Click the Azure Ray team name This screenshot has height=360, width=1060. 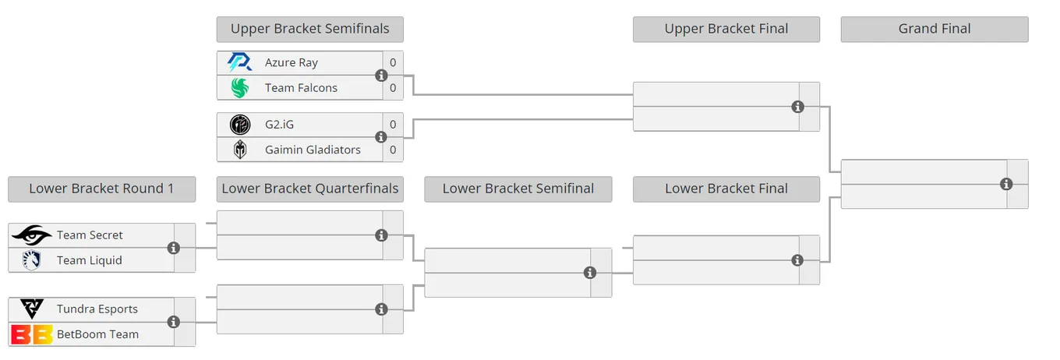pos(291,63)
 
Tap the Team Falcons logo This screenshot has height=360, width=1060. pos(240,88)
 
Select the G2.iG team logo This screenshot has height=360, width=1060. pos(240,125)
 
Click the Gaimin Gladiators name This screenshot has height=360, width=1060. pos(313,150)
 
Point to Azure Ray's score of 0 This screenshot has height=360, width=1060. pos(393,62)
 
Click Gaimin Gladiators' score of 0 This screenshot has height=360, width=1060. pos(393,150)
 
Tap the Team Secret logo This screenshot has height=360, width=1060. pos(32,235)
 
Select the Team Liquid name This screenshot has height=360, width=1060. pos(90,261)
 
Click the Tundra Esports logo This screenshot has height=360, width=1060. pos(32,309)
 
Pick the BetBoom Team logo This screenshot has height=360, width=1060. pos(32,334)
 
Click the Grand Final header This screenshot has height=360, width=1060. pos(935,30)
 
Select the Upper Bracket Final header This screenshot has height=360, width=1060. pos(726,30)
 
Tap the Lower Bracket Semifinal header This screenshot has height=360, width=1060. pos(518,189)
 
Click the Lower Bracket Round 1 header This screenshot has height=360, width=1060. pos(102,189)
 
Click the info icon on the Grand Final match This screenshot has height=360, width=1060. pos(1006,184)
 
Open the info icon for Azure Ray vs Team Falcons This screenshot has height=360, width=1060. pos(381,76)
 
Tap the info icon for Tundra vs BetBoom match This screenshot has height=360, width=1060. pos(174,322)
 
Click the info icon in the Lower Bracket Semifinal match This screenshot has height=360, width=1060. pos(589,273)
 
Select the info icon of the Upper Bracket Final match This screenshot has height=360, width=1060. pos(798,107)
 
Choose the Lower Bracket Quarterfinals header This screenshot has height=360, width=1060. pos(310,189)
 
